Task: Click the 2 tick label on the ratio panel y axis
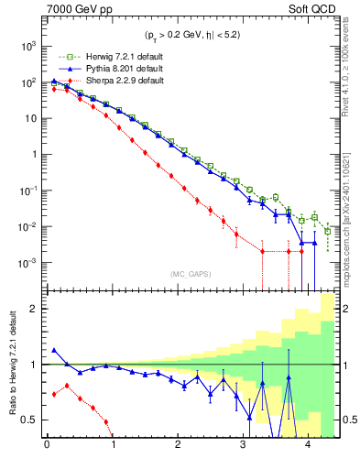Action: tap(32, 309)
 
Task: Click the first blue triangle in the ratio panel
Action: tap(53, 350)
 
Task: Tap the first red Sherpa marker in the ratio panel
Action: tap(53, 394)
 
